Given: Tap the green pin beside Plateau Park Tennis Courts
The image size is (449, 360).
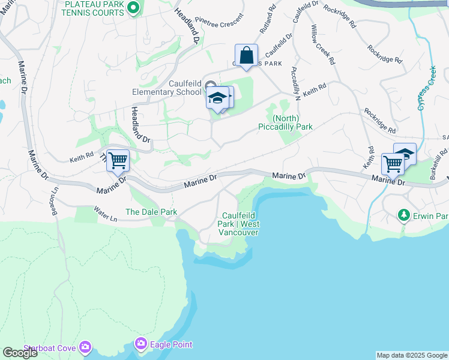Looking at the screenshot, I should point(134,8).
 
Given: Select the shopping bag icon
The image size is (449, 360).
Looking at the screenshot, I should point(246,56).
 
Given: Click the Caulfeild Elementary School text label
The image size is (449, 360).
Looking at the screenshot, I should point(167,88).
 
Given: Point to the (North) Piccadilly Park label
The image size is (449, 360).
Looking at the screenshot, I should point(286,122).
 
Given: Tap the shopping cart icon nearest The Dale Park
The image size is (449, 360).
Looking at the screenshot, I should point(118,160).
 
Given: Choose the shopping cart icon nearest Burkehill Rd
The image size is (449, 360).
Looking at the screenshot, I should point(393,163).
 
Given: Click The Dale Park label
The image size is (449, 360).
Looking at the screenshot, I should point(151,212).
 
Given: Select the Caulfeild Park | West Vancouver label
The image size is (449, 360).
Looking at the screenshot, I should point(240,224).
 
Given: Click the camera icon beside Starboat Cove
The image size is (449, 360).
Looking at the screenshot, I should point(85,347).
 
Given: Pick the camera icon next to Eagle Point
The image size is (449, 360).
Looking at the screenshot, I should point(141,344).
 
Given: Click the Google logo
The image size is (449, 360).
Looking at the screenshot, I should point(20,353).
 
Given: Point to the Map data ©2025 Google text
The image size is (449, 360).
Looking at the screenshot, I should point(412,355).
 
